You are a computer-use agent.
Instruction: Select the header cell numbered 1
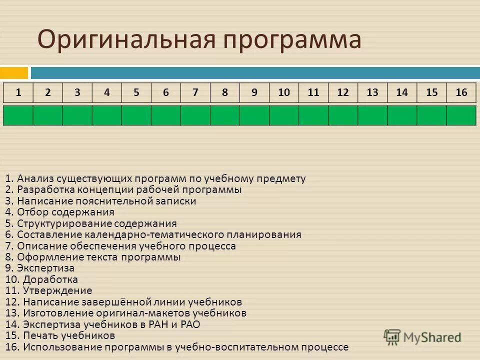click(18, 92)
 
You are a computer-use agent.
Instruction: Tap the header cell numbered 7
click(195, 92)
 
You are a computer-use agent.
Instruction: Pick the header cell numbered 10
click(284, 92)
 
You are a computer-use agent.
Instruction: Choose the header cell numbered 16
click(461, 92)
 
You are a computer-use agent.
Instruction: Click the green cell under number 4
click(107, 115)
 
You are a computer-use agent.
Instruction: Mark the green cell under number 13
click(372, 115)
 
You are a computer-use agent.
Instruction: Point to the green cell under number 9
click(254, 115)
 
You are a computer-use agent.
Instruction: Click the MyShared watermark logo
click(422, 336)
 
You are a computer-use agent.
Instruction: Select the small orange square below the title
click(13, 73)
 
